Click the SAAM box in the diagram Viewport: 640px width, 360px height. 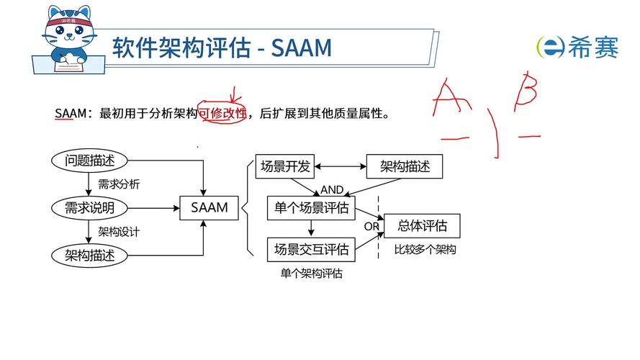click(209, 208)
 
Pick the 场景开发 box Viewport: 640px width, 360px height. click(285, 166)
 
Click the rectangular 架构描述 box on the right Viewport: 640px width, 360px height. click(405, 166)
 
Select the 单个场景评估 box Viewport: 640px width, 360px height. click(311, 208)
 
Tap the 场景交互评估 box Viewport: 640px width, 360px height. click(311, 249)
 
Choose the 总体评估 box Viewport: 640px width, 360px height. click(422, 225)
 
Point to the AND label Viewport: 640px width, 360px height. click(332, 190)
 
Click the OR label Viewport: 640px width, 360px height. click(371, 226)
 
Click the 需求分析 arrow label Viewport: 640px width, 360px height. click(119, 184)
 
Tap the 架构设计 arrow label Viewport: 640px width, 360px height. click(119, 232)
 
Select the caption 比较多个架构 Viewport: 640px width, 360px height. click(425, 250)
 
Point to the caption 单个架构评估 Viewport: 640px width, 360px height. click(311, 274)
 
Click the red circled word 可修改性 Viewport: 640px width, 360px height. click(222, 113)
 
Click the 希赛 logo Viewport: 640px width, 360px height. click(577, 47)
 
